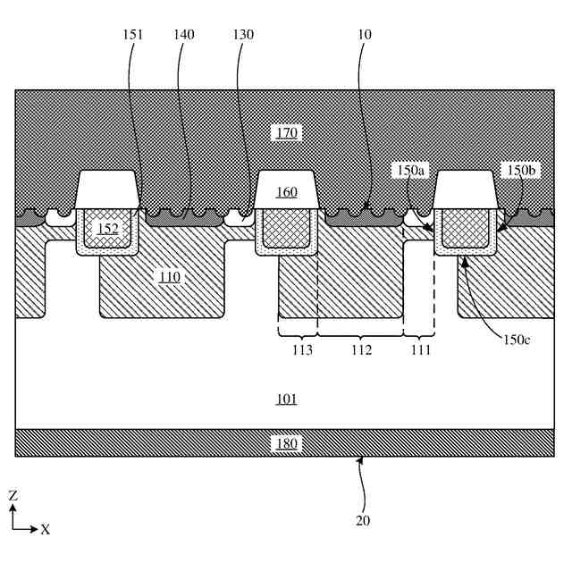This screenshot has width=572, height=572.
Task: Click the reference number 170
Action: pos(288,133)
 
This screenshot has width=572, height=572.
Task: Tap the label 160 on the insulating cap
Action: pos(287,192)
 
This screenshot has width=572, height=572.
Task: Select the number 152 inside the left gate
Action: pos(107,229)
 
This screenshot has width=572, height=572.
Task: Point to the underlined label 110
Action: pos(169,277)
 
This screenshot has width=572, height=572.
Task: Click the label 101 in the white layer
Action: pos(287,399)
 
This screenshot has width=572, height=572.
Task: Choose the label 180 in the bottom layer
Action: pos(287,443)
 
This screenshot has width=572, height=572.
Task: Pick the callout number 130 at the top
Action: pos(241,34)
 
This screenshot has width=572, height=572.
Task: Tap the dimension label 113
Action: pos(301,350)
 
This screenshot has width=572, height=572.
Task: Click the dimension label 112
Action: pos(361,350)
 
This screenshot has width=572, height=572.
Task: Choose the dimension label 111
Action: pos(418,350)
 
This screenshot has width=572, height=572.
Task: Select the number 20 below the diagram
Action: pos(363,520)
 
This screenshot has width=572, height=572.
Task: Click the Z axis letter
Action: pos(13,494)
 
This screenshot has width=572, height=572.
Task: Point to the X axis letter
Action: pos(45,529)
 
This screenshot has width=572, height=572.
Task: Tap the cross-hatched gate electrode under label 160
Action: pos(286,226)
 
